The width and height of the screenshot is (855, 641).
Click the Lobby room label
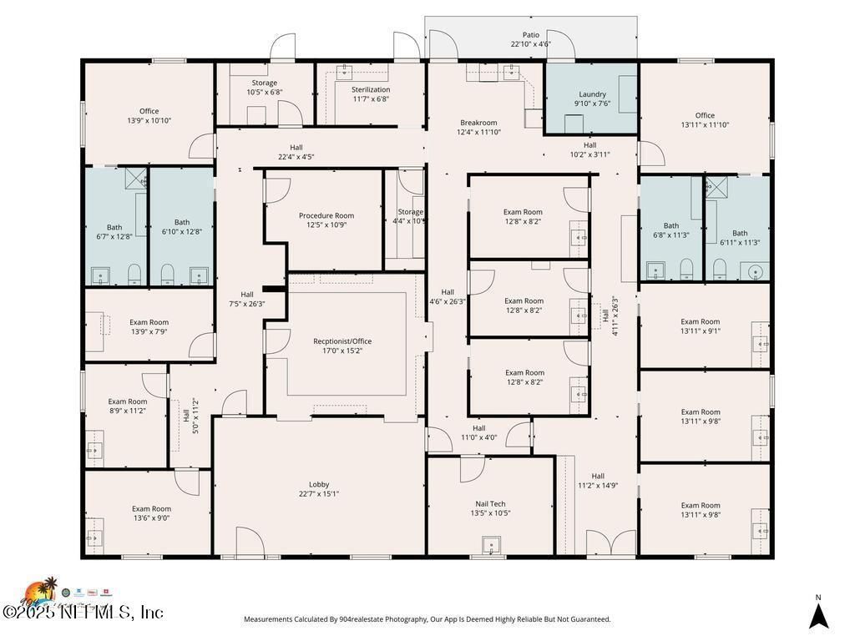point(319,484)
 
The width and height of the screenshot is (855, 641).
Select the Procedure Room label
point(326,215)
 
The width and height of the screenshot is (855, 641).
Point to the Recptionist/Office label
point(342,341)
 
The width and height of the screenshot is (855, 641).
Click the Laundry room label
point(592,94)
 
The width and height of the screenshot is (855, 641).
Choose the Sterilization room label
point(371,89)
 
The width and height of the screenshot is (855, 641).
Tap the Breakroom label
point(478,123)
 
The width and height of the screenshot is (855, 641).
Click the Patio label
point(531,35)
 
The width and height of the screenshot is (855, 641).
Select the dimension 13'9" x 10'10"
point(149,121)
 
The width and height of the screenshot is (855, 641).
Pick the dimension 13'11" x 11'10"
point(705,125)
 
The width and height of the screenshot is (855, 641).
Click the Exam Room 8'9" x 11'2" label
point(127,401)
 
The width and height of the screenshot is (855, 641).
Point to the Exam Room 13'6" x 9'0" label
point(151,508)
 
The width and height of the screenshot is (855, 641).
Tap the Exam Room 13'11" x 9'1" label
point(700,321)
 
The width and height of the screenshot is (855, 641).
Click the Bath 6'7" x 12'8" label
point(114,227)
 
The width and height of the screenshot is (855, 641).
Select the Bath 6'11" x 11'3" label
point(740,233)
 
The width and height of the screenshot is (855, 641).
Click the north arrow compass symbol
point(818,615)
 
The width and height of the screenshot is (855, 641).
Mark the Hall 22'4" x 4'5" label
point(296,147)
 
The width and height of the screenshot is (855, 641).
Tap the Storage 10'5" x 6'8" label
point(265,83)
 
